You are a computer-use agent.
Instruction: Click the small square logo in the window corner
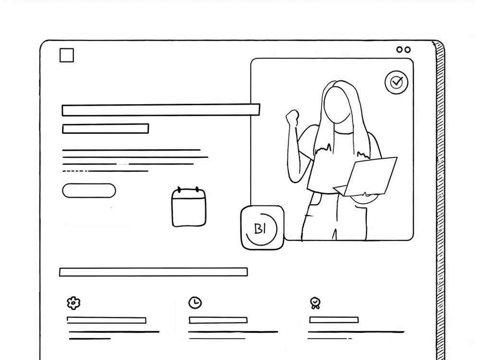point(67,55)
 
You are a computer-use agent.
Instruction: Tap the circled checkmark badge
point(396,83)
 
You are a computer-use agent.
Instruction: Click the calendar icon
point(189,207)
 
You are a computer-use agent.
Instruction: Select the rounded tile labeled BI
point(262,228)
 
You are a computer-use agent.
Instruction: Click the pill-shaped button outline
point(89,191)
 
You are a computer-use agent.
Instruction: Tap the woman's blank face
point(336,107)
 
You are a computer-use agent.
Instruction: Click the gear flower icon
point(73,302)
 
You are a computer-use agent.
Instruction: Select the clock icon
point(195,302)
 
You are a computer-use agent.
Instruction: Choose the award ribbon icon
point(315,302)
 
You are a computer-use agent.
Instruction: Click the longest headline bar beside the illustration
point(161,110)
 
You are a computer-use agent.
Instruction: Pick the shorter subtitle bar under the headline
point(106,129)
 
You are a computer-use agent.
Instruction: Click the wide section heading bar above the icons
point(153,272)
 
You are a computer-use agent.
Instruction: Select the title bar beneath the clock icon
point(218,320)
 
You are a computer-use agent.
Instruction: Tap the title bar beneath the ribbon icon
point(334,320)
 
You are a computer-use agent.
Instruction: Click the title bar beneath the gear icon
point(107,320)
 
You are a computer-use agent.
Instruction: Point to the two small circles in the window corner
point(403,49)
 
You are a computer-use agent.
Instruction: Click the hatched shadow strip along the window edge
point(440,202)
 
